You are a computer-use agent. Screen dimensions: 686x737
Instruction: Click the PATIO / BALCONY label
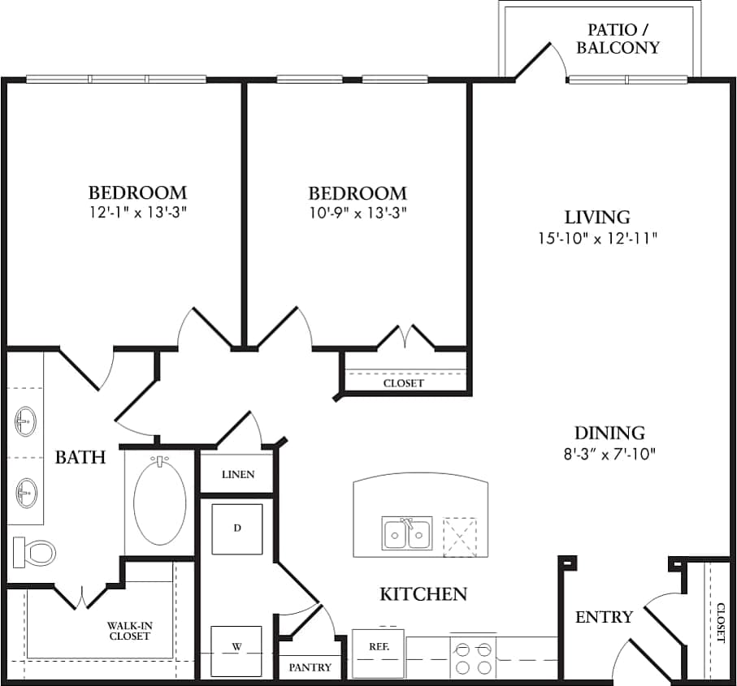tap(618, 39)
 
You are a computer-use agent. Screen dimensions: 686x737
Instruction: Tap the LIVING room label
tap(597, 218)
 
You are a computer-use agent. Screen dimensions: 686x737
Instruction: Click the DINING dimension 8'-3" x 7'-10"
tap(609, 453)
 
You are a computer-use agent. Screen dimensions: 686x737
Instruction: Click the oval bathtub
tap(159, 500)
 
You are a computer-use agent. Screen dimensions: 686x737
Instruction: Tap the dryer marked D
tap(236, 529)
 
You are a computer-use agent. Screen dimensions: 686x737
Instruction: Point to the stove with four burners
tap(474, 657)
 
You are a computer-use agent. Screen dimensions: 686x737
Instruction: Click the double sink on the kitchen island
tap(406, 533)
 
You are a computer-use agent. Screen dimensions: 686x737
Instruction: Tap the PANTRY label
tap(310, 667)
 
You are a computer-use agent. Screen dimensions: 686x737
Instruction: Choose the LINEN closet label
tap(237, 474)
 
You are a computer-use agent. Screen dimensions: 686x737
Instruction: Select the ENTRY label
tap(604, 617)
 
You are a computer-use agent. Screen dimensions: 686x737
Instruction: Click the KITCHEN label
tap(423, 594)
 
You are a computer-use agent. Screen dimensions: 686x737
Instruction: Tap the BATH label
tap(80, 457)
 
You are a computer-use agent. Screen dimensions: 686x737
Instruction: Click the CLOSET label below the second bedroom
tap(403, 383)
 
